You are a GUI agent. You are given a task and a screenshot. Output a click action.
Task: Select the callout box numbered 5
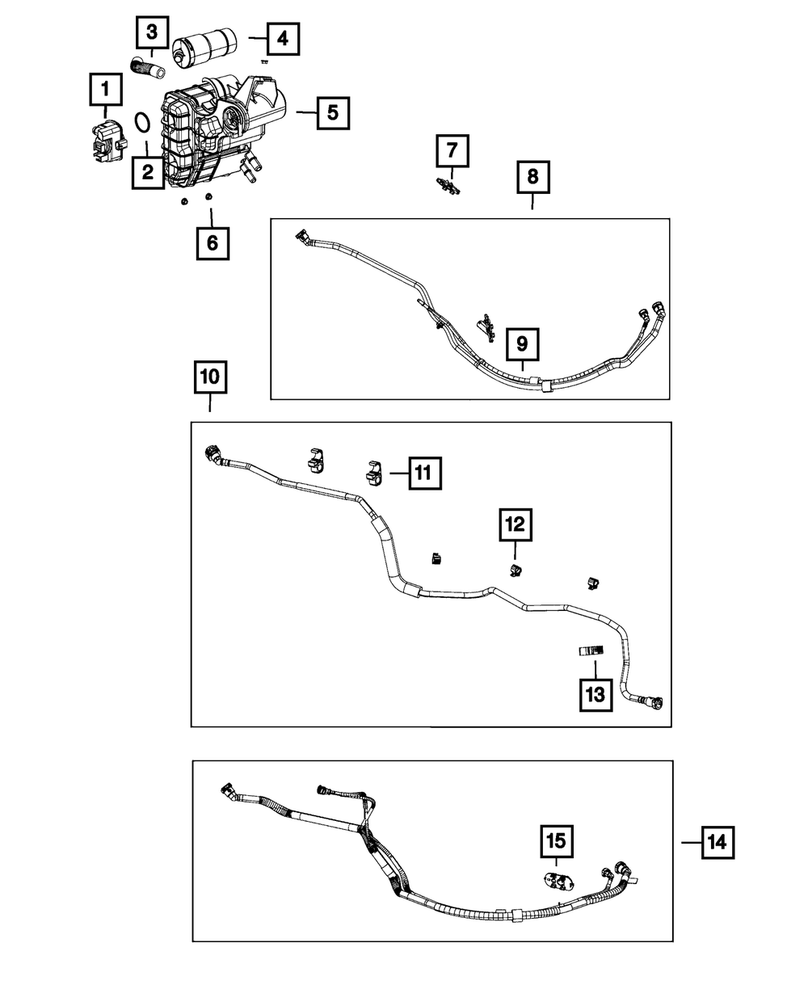tap(332, 113)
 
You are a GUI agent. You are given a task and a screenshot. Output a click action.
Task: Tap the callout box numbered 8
tap(532, 177)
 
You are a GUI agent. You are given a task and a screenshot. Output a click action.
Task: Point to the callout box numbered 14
tap(716, 843)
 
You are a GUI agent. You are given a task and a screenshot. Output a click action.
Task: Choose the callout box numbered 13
tap(595, 694)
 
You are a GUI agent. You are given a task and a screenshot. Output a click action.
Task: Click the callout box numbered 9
tap(522, 344)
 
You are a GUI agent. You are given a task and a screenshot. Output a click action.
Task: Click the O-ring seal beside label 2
tap(142, 122)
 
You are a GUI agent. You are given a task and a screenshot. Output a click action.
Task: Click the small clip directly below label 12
tap(515, 570)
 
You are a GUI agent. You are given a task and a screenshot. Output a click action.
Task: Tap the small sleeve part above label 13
tap(591, 649)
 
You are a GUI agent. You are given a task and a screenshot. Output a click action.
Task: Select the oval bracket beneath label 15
tap(557, 882)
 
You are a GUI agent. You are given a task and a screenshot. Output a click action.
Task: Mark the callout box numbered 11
tap(424, 474)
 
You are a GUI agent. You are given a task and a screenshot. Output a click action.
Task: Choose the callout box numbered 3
tap(152, 34)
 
